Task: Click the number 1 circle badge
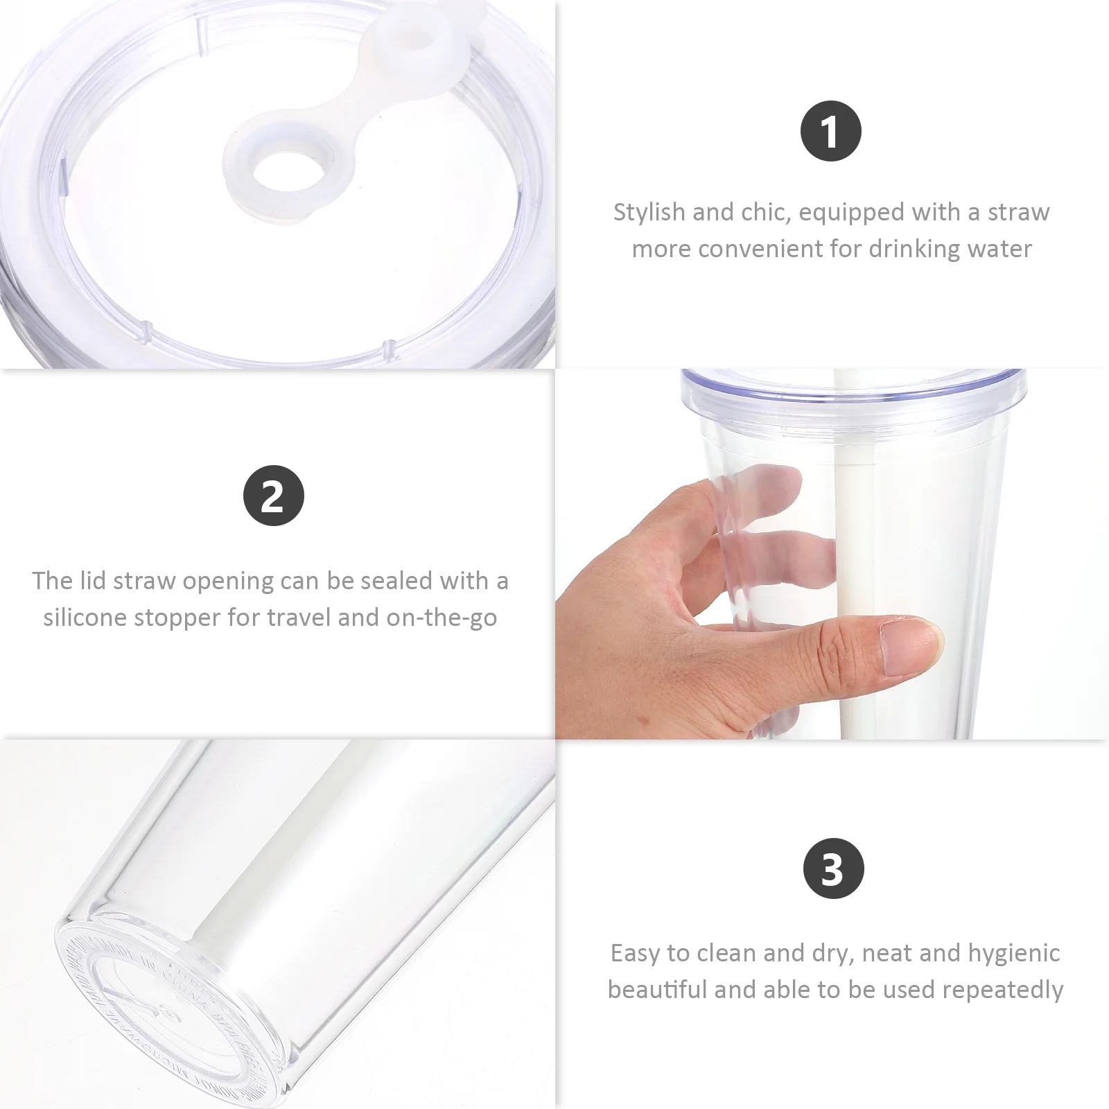click(x=830, y=131)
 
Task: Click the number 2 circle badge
click(x=273, y=496)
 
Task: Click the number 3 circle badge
click(x=833, y=868)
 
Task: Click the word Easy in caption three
click(x=636, y=953)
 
